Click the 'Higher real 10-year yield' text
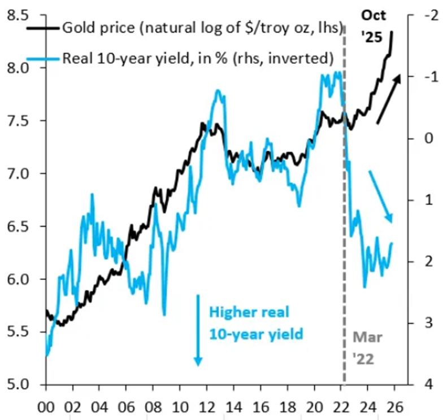coord(256,323)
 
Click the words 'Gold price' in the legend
coord(93,28)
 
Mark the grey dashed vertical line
coord(344,226)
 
